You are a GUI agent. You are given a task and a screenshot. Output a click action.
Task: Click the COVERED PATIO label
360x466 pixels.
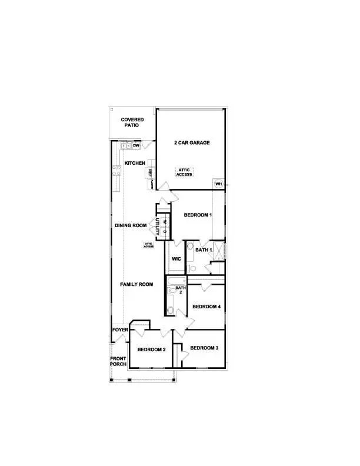132,122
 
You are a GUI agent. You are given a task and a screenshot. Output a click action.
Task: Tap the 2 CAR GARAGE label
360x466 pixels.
192,143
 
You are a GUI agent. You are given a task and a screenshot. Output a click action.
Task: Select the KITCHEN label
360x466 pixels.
135,163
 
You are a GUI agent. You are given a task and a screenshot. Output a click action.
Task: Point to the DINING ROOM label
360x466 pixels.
130,225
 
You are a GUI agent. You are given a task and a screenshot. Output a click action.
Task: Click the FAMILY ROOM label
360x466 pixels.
136,284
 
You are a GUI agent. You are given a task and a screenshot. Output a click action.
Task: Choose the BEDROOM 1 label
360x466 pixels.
198,215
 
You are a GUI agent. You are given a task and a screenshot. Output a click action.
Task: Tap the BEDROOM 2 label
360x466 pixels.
151,349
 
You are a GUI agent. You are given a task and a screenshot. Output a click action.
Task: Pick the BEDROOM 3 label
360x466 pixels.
204,348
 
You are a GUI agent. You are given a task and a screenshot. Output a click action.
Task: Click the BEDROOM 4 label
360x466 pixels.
206,307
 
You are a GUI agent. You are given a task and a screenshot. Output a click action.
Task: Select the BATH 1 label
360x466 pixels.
204,249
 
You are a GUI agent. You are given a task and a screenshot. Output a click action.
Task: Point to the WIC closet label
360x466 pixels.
176,259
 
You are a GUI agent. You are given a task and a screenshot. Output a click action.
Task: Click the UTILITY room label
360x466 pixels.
157,227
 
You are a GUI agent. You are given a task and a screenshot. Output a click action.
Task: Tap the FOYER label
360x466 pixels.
120,330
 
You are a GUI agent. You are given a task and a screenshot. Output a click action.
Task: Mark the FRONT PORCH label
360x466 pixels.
118,361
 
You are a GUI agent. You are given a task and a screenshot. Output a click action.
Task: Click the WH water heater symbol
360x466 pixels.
218,184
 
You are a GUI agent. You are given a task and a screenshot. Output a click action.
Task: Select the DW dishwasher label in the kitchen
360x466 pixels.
135,145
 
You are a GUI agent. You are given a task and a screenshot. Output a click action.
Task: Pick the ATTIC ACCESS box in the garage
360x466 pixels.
185,172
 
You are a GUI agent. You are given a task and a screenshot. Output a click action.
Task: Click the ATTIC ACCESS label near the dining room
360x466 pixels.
149,245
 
